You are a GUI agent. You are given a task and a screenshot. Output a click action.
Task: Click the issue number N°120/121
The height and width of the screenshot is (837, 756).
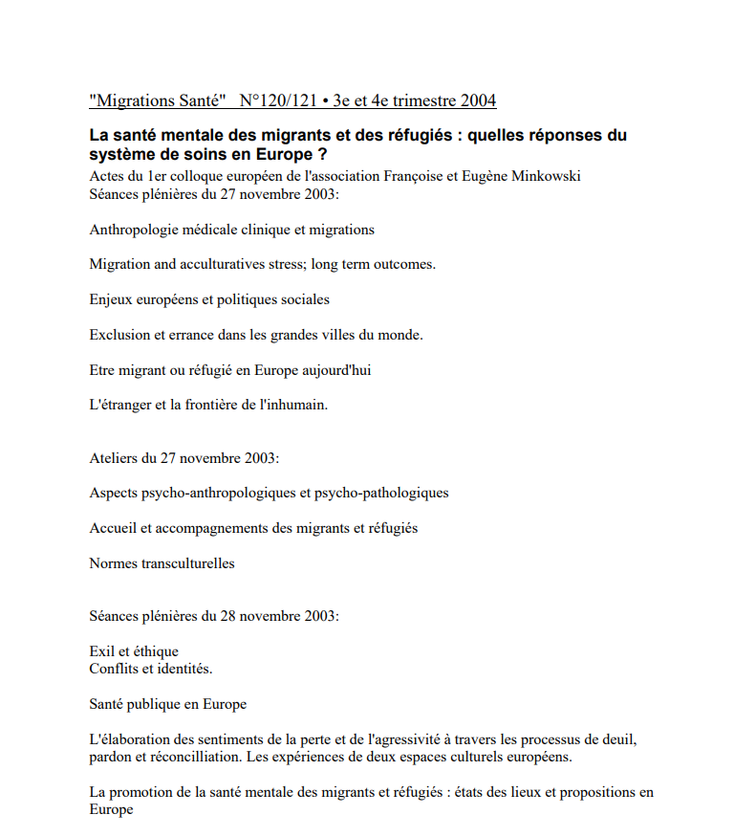(279, 99)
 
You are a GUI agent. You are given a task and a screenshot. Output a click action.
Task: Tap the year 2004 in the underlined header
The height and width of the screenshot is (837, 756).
(478, 99)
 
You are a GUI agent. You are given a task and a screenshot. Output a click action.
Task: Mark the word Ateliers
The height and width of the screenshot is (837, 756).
(114, 457)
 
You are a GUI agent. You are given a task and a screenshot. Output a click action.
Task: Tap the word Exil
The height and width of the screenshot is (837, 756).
(101, 651)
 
